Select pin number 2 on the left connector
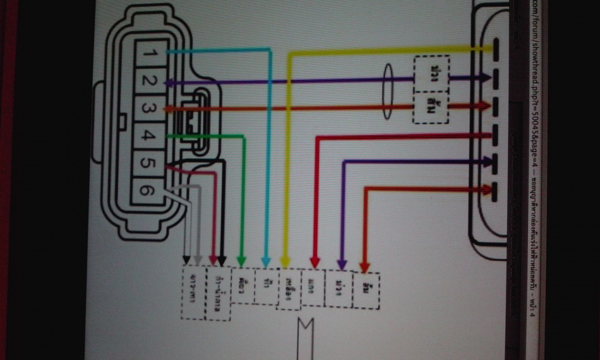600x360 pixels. click(x=148, y=81)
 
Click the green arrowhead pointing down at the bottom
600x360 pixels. click(x=241, y=260)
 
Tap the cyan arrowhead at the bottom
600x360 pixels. click(x=267, y=260)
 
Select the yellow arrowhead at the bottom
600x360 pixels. click(x=285, y=260)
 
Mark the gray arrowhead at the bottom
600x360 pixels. click(x=198, y=260)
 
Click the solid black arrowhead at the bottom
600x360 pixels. click(x=222, y=260)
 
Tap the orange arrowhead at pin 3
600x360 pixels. click(x=168, y=109)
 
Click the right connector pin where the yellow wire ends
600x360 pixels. click(x=496, y=47)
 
